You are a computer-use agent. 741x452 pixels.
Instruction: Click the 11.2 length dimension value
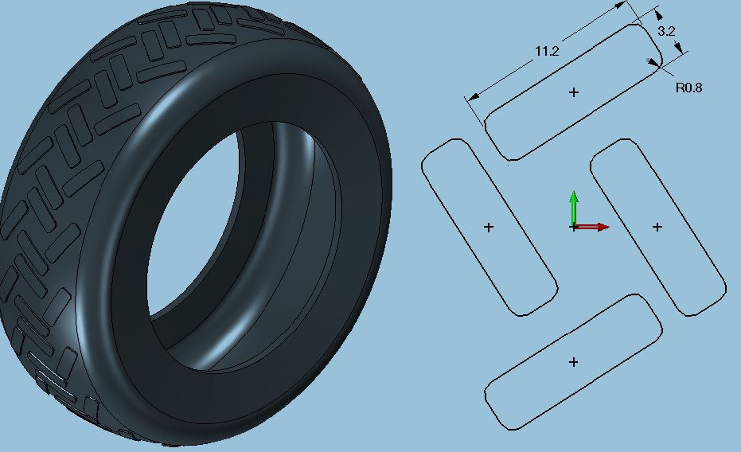[547, 51]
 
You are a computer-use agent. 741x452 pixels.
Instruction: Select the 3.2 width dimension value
[666, 32]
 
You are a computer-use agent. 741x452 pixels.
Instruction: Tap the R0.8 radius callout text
[688, 88]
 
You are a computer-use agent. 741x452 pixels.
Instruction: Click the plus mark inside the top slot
[574, 92]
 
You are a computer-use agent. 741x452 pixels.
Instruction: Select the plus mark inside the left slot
[489, 227]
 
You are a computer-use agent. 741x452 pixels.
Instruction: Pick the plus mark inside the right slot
[657, 227]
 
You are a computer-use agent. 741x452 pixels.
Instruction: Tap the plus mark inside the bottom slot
[574, 362]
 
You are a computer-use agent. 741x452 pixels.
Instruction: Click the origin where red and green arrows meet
[574, 227]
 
